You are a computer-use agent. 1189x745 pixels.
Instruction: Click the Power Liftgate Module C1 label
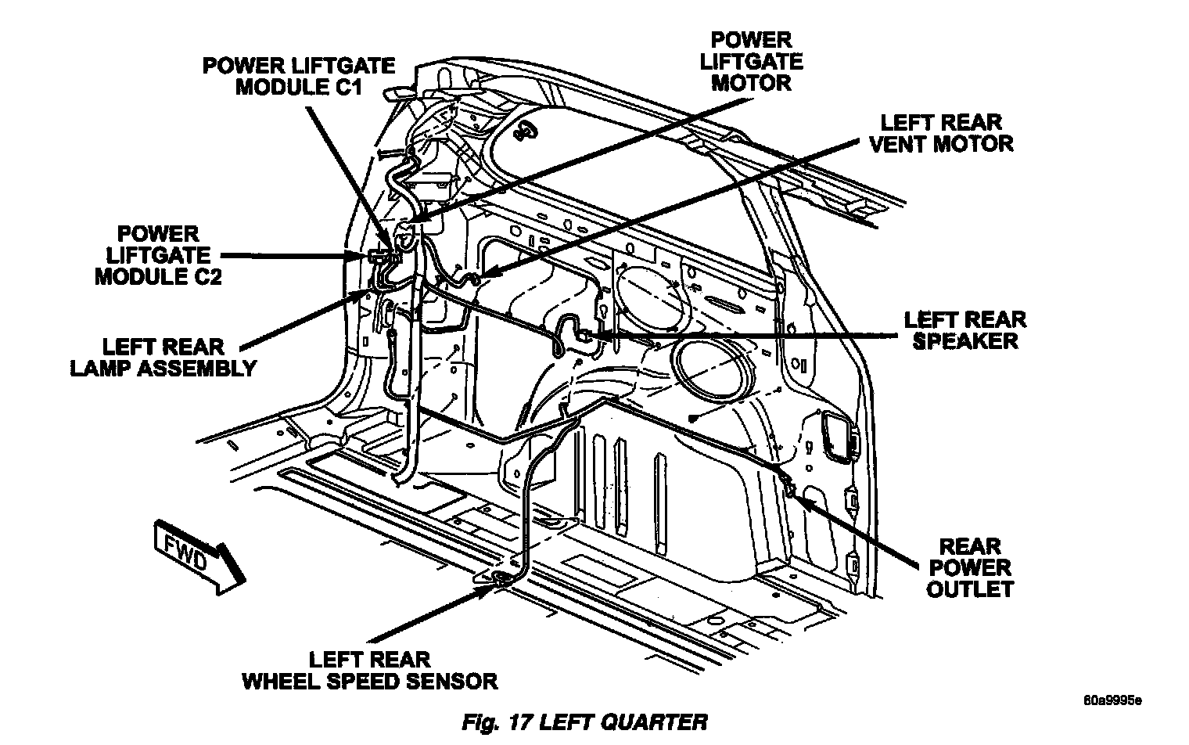[299, 75]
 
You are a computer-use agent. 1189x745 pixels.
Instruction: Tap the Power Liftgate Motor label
[751, 61]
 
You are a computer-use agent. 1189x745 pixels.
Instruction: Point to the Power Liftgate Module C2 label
[158, 255]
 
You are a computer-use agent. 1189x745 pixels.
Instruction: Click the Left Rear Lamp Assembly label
[163, 357]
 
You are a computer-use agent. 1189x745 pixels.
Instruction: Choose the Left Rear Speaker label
[964, 329]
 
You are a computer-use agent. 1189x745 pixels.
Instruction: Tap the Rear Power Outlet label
[969, 567]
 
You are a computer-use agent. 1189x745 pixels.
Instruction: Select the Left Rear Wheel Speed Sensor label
[369, 670]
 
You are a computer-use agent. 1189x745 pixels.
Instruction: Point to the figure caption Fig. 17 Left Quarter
[584, 722]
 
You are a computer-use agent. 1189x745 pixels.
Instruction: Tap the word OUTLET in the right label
[969, 588]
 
